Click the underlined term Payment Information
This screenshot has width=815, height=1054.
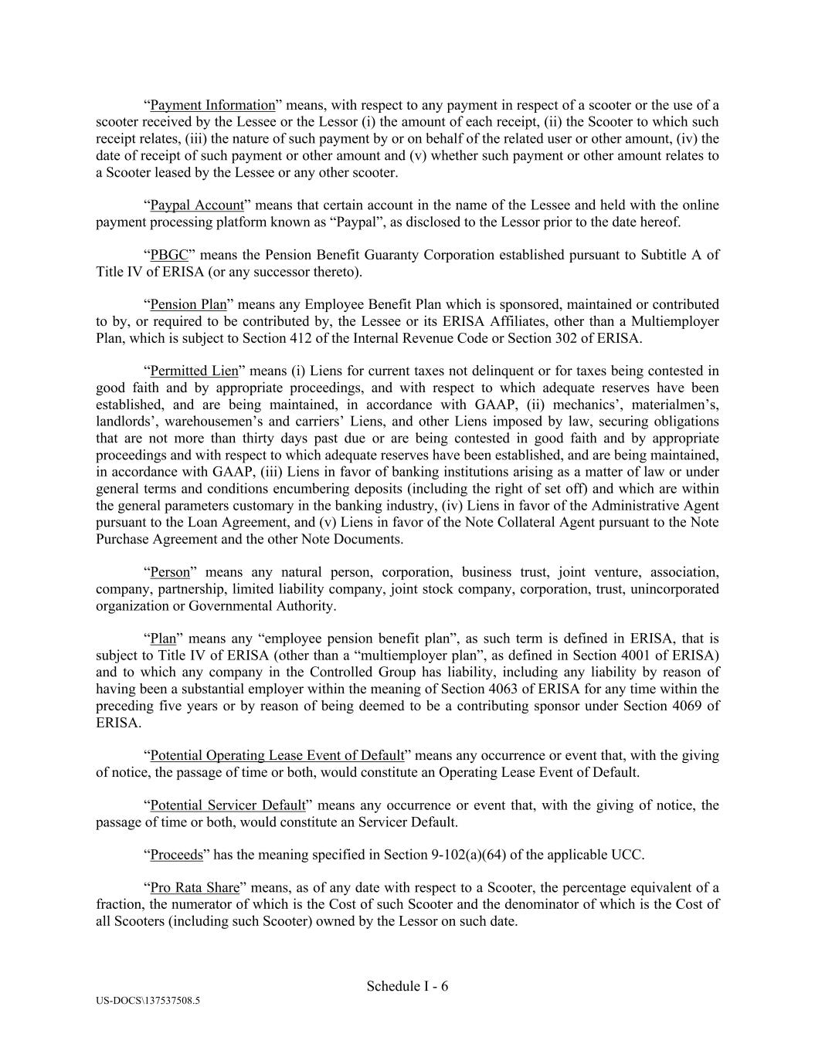pos(212,105)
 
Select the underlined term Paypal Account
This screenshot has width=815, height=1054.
pos(196,205)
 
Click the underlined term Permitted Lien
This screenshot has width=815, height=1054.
pos(194,371)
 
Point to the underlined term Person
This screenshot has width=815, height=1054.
pos(169,572)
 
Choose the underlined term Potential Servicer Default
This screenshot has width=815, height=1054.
pos(228,805)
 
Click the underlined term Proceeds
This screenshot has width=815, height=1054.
pos(176,855)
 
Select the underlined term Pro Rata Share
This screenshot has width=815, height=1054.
pos(194,888)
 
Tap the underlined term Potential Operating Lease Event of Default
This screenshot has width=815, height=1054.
pos(277,755)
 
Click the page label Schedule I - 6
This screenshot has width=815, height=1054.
pos(407,986)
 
